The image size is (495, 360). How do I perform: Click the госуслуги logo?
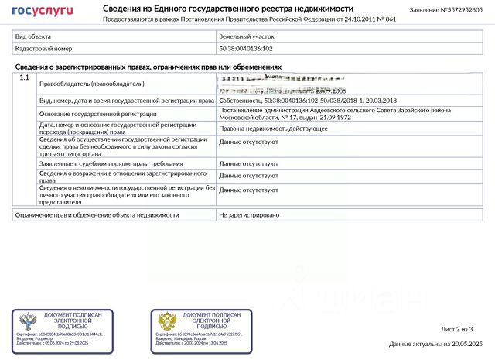click(43, 10)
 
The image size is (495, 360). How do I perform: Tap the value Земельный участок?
click(247, 36)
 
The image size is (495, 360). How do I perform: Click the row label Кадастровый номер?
click(43, 48)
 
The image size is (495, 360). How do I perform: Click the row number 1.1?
click(25, 78)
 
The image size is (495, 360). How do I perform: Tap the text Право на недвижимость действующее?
click(273, 129)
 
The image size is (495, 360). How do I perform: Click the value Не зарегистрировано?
click(249, 214)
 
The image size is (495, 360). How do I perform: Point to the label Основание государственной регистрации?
click(97, 114)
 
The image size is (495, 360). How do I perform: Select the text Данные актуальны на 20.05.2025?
click(435, 344)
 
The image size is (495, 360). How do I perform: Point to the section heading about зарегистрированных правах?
click(148, 67)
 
